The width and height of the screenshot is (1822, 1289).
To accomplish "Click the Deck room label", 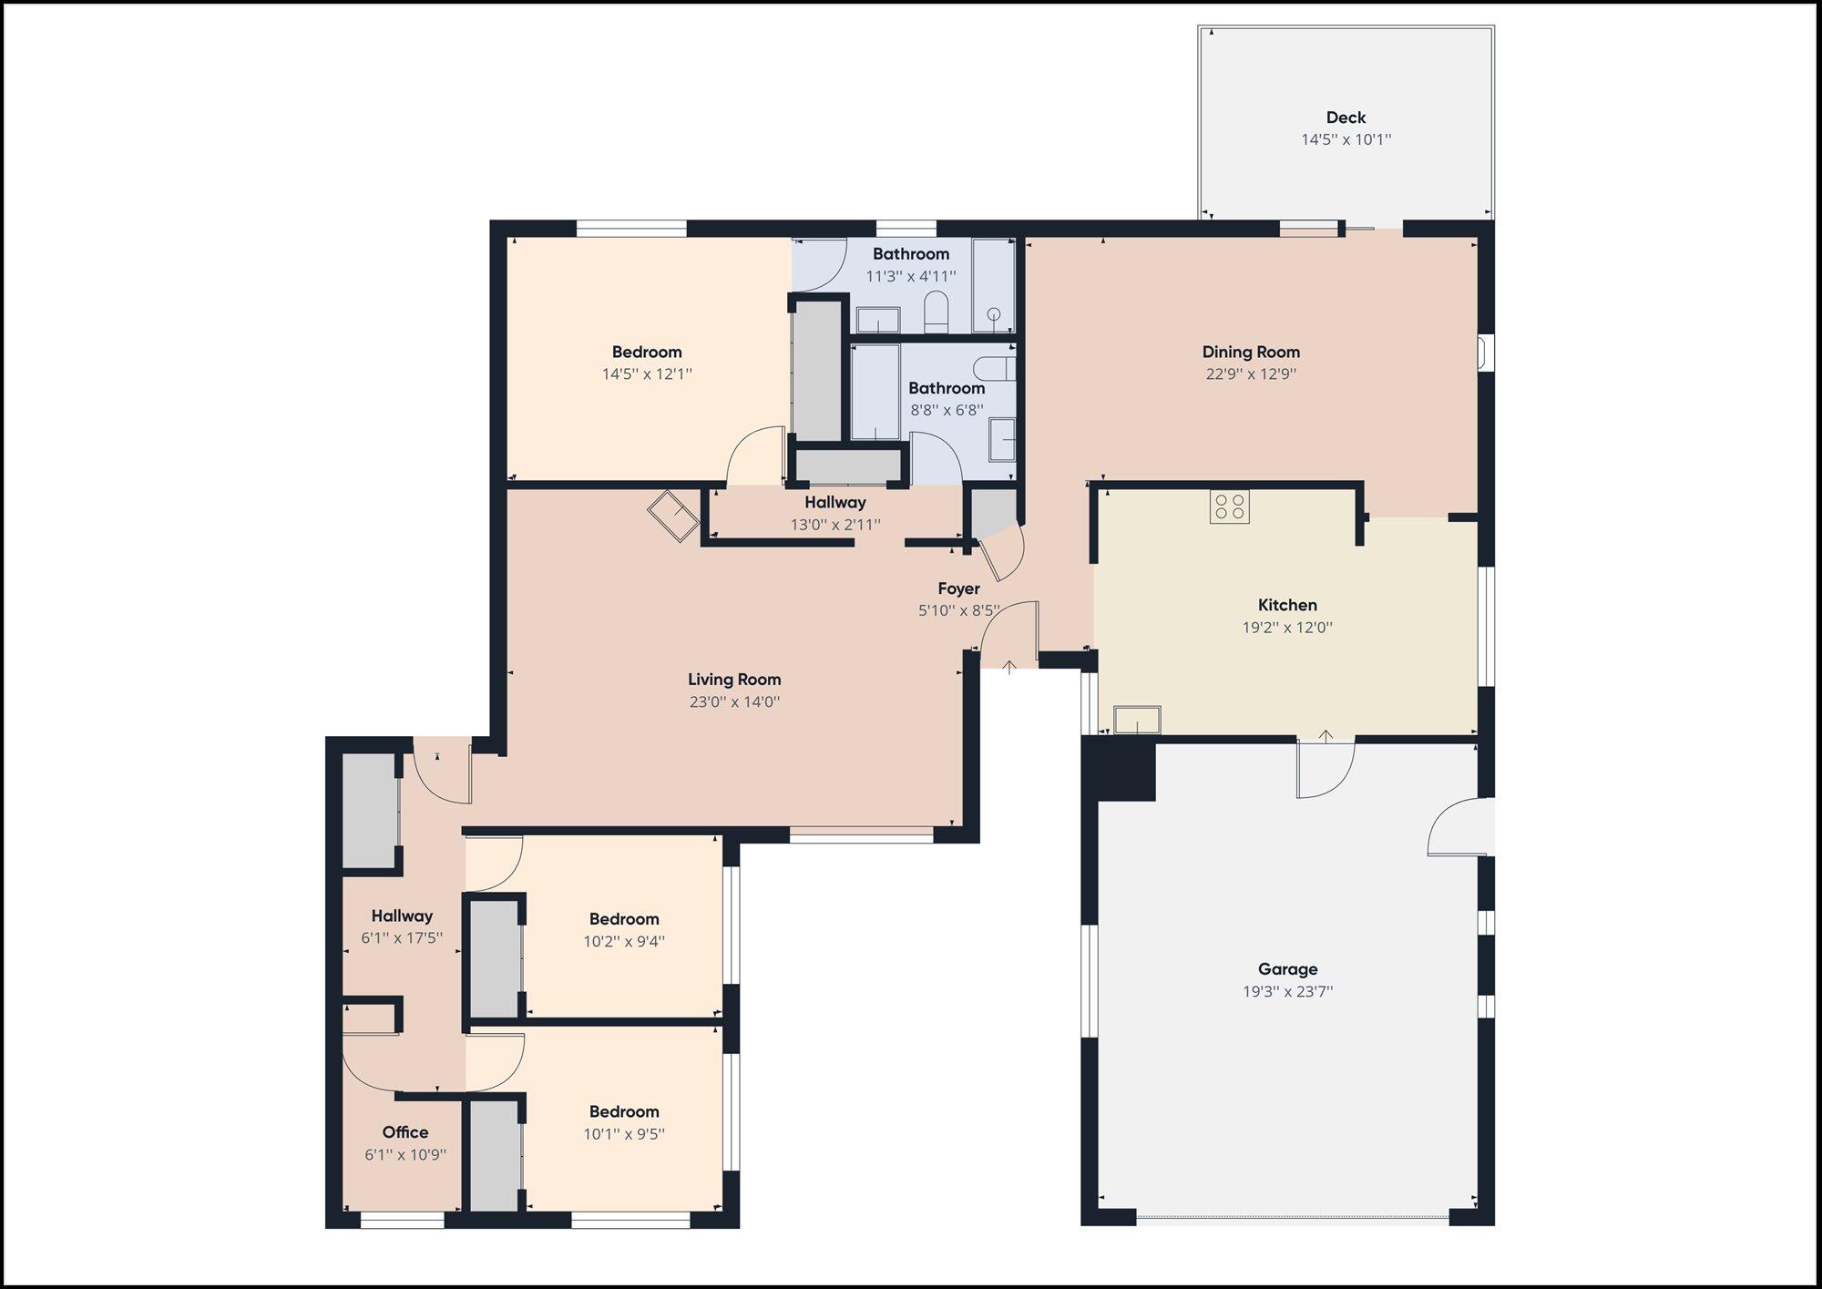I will click(x=1346, y=118).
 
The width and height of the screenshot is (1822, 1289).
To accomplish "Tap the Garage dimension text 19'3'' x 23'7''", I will click(x=1287, y=992).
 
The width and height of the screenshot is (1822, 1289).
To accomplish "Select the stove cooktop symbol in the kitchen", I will click(x=1229, y=506).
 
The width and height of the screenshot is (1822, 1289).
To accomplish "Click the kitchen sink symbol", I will click(x=1137, y=720).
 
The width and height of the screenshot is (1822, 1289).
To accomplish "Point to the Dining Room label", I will click(x=1251, y=352).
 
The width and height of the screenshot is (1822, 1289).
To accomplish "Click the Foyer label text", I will click(x=958, y=588).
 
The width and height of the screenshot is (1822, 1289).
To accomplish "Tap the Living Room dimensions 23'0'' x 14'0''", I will click(x=734, y=702).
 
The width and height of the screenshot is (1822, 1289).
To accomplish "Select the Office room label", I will click(x=405, y=1132).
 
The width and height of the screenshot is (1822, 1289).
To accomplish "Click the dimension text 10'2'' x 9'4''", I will click(x=624, y=942).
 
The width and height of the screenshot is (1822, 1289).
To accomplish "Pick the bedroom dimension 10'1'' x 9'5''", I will click(x=624, y=1134).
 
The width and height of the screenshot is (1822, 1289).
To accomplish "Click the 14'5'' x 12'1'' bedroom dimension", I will click(x=647, y=374).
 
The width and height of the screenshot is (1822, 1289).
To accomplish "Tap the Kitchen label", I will click(x=1287, y=605).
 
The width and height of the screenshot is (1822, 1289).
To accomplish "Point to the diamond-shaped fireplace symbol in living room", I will click(x=673, y=517).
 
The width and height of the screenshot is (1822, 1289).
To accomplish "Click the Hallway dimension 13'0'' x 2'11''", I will click(x=834, y=525).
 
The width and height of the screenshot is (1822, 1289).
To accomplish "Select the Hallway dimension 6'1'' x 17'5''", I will click(x=402, y=938).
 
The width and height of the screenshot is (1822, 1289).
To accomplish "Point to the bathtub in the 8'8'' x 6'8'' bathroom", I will click(x=875, y=392).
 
